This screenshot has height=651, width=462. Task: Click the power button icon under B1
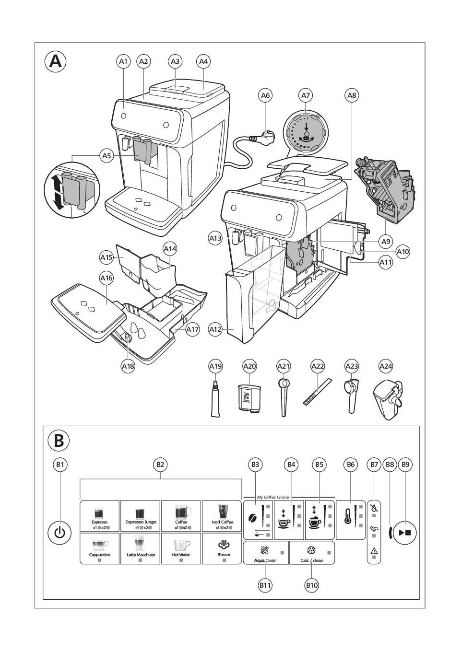59,533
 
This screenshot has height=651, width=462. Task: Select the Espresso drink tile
100,516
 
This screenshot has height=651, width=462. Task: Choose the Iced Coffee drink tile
222,516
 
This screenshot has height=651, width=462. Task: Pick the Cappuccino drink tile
100,548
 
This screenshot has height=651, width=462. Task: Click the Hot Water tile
181,548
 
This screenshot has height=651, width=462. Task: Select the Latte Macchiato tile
141,548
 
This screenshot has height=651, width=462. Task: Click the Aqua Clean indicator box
265,553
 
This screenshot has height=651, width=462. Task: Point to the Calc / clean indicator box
312,553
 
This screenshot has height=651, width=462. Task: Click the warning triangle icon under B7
374,551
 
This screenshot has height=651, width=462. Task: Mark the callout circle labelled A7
306,95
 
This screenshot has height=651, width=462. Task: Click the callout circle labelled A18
128,366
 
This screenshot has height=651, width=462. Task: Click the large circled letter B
59,440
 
